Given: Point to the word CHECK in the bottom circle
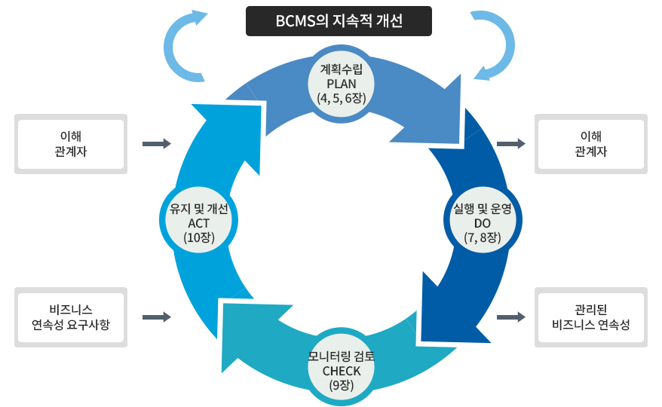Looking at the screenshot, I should pyautogui.click(x=341, y=371).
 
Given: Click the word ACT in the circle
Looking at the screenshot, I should pyautogui.click(x=199, y=223).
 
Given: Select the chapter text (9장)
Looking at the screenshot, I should pyautogui.click(x=341, y=385).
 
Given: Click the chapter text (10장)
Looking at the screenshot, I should pyautogui.click(x=199, y=237).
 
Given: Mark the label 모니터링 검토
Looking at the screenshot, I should pyautogui.click(x=341, y=357).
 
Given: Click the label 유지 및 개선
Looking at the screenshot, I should pyautogui.click(x=199, y=209).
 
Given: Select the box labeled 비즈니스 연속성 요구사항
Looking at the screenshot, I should pyautogui.click(x=71, y=317).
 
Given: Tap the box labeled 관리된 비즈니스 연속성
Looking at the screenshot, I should pyautogui.click(x=591, y=317).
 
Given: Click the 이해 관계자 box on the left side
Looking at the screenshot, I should pyautogui.click(x=71, y=143).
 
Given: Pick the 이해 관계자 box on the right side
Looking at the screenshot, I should pyautogui.click(x=591, y=143).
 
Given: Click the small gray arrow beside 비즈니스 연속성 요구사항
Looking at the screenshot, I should pyautogui.click(x=157, y=317).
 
